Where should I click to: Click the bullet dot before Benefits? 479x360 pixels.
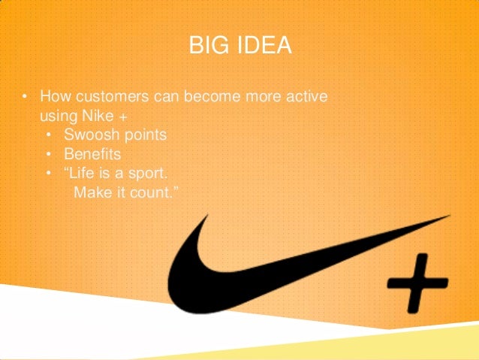click(49, 155)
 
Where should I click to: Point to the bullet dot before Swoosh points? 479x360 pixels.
click(49, 136)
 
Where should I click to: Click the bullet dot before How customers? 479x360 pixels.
click(24, 98)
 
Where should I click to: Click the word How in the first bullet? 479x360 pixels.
click(53, 98)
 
